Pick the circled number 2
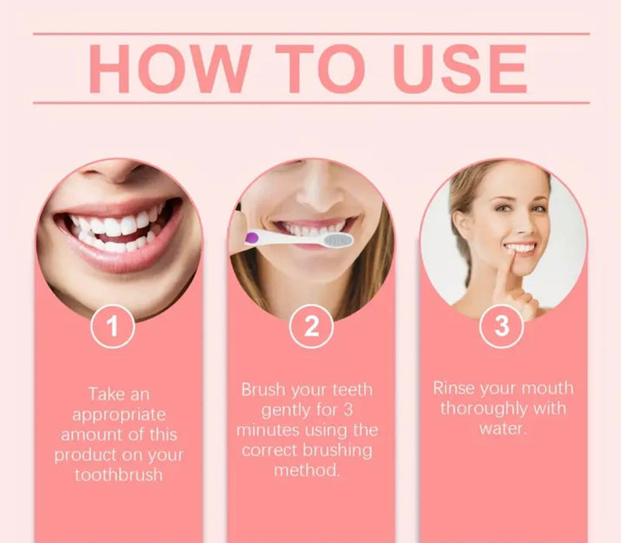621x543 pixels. pos(311,327)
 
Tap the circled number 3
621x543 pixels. pos(502,327)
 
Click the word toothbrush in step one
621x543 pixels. pos(118,474)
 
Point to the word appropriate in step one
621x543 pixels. pos(118,414)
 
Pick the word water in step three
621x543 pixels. pos(503,428)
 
